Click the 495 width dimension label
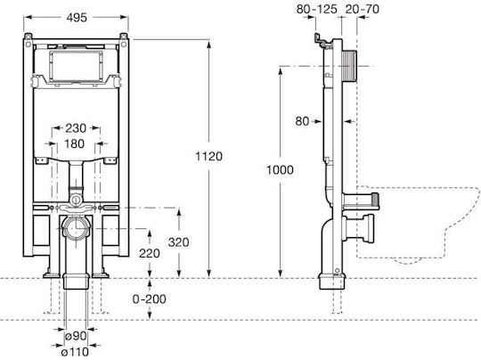(x=77, y=18)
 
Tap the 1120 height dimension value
(x=209, y=157)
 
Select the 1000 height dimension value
(x=280, y=169)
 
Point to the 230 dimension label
(x=76, y=128)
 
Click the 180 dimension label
(x=75, y=143)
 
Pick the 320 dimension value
(x=178, y=242)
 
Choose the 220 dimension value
(x=150, y=253)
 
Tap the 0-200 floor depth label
(x=150, y=299)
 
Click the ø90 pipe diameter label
(x=76, y=336)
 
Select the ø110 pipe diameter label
(x=75, y=352)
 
